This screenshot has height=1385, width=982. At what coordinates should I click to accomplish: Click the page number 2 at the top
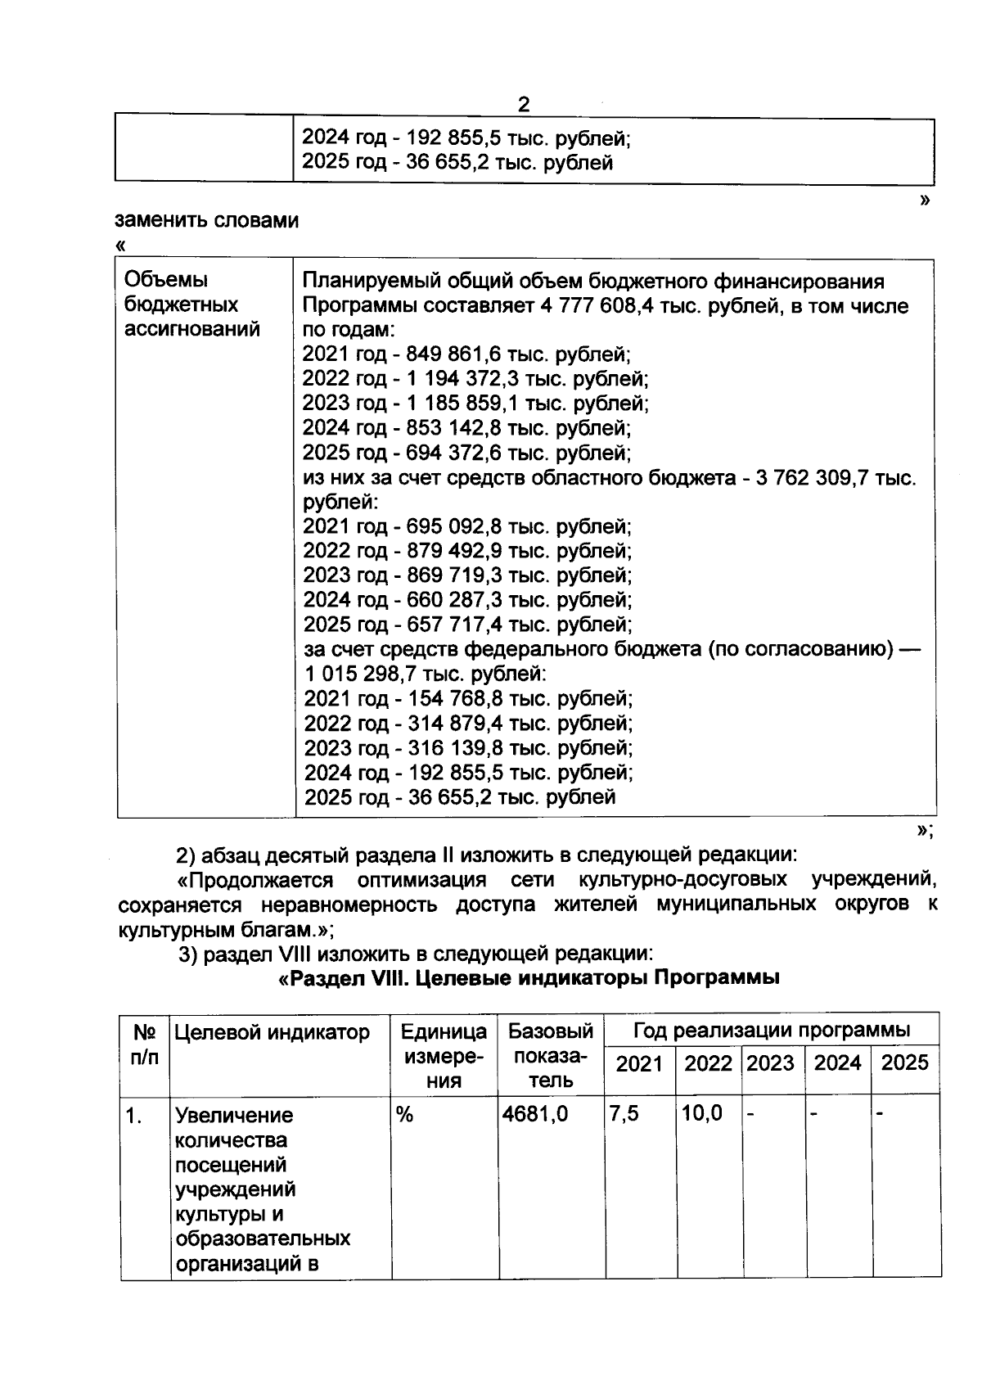point(524,105)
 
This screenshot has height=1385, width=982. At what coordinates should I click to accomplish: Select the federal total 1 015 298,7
point(372,674)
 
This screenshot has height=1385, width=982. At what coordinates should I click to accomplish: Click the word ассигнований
point(192,330)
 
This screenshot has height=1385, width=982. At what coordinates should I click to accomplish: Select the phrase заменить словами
point(207,221)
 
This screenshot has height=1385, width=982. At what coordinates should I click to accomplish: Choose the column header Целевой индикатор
point(273,1032)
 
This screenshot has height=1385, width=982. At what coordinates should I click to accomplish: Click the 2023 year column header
point(771,1063)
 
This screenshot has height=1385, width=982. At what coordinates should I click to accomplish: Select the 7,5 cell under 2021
point(624,1114)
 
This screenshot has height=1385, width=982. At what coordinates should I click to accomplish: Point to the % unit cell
point(404,1115)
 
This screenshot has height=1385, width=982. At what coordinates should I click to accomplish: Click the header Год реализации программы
point(771,1030)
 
